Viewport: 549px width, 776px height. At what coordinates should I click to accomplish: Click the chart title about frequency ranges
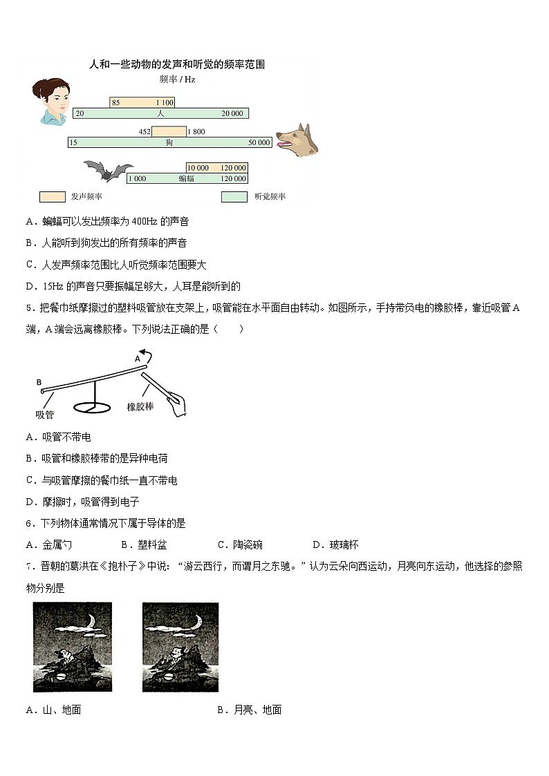178,64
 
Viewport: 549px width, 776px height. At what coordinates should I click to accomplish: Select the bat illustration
107,171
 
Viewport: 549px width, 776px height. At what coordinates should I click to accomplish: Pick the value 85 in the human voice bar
115,103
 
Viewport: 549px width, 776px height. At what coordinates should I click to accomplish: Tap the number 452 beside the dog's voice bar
145,131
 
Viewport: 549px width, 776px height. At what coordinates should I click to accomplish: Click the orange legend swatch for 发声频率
52,197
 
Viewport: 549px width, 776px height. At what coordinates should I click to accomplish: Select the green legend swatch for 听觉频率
234,197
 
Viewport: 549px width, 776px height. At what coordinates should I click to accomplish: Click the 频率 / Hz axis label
177,79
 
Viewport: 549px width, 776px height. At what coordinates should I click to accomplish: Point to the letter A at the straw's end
137,359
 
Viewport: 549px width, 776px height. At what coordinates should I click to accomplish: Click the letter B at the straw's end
39,381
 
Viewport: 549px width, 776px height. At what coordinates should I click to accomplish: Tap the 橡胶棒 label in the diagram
140,406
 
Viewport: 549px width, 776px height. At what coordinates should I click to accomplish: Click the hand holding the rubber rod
178,403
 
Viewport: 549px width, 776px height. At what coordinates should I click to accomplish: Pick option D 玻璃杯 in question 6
335,545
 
